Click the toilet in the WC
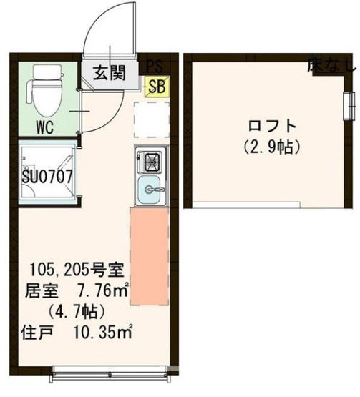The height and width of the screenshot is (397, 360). click(x=44, y=92)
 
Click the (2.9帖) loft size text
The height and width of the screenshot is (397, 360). click(x=270, y=148)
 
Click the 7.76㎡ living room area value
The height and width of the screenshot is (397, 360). click(x=102, y=292)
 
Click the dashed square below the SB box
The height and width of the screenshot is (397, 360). click(x=152, y=118)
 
